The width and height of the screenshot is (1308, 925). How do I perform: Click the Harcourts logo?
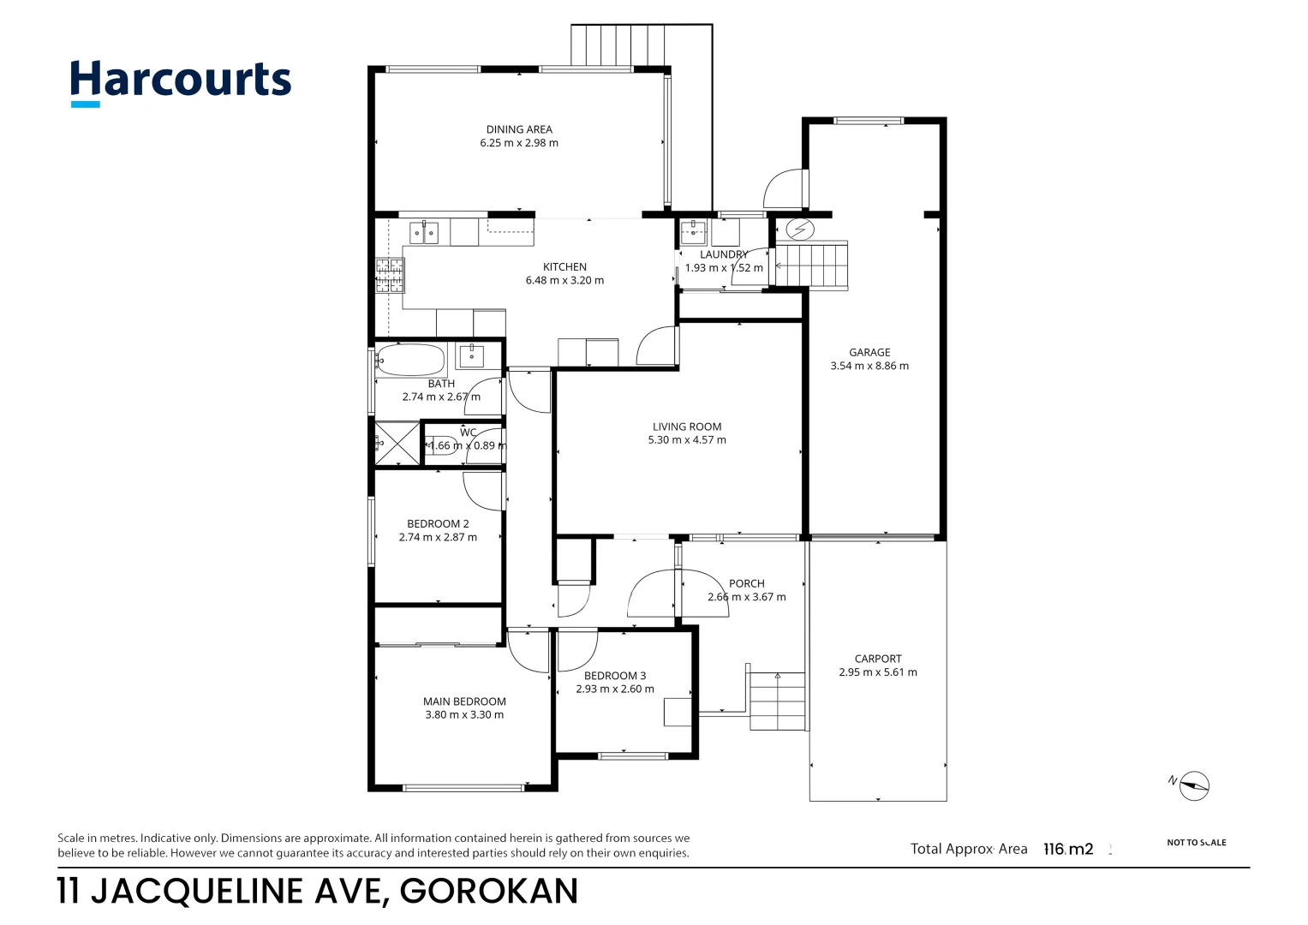(181, 82)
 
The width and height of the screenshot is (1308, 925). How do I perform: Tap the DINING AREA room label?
(519, 129)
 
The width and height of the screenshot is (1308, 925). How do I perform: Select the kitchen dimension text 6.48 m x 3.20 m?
(564, 280)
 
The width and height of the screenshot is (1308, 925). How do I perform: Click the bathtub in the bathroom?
(410, 360)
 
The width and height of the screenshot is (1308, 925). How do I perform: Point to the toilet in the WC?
(442, 445)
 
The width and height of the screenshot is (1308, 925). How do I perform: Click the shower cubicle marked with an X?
(397, 444)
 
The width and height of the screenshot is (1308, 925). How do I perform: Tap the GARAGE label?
(869, 352)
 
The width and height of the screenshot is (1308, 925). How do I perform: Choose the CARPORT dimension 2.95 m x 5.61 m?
(878, 672)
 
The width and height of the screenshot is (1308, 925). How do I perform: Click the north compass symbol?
(1192, 785)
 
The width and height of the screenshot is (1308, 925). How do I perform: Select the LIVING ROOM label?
(687, 427)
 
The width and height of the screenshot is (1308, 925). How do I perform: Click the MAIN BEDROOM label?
(464, 701)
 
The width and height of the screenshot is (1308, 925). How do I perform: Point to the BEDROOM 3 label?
(615, 676)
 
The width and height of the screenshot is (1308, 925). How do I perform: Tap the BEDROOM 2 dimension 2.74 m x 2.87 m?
(438, 537)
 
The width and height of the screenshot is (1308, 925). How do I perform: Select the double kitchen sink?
(423, 232)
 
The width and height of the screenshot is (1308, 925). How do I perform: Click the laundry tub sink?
(692, 231)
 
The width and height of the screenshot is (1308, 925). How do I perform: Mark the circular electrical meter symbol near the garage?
(800, 230)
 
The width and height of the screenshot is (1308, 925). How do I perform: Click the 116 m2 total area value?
(1068, 849)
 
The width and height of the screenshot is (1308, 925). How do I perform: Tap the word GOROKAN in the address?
(489, 892)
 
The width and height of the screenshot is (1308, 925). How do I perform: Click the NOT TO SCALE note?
(1196, 843)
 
